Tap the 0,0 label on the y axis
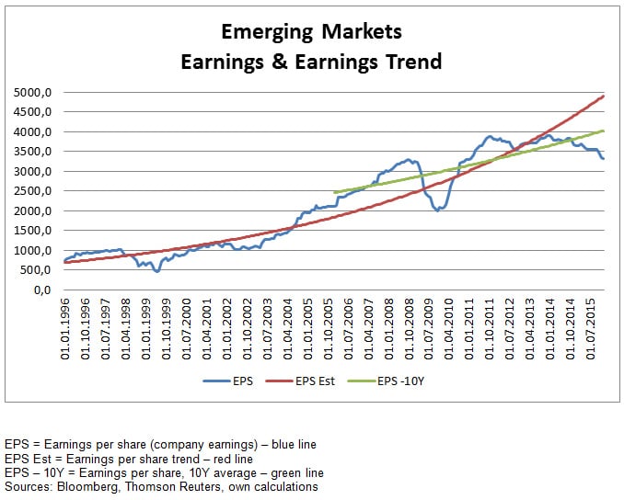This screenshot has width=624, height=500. [x=46, y=290]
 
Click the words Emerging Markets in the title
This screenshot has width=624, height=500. [x=312, y=32]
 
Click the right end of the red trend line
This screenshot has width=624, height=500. [x=604, y=96]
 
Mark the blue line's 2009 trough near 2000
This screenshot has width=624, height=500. [x=438, y=210]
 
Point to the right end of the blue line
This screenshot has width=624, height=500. [x=604, y=159]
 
